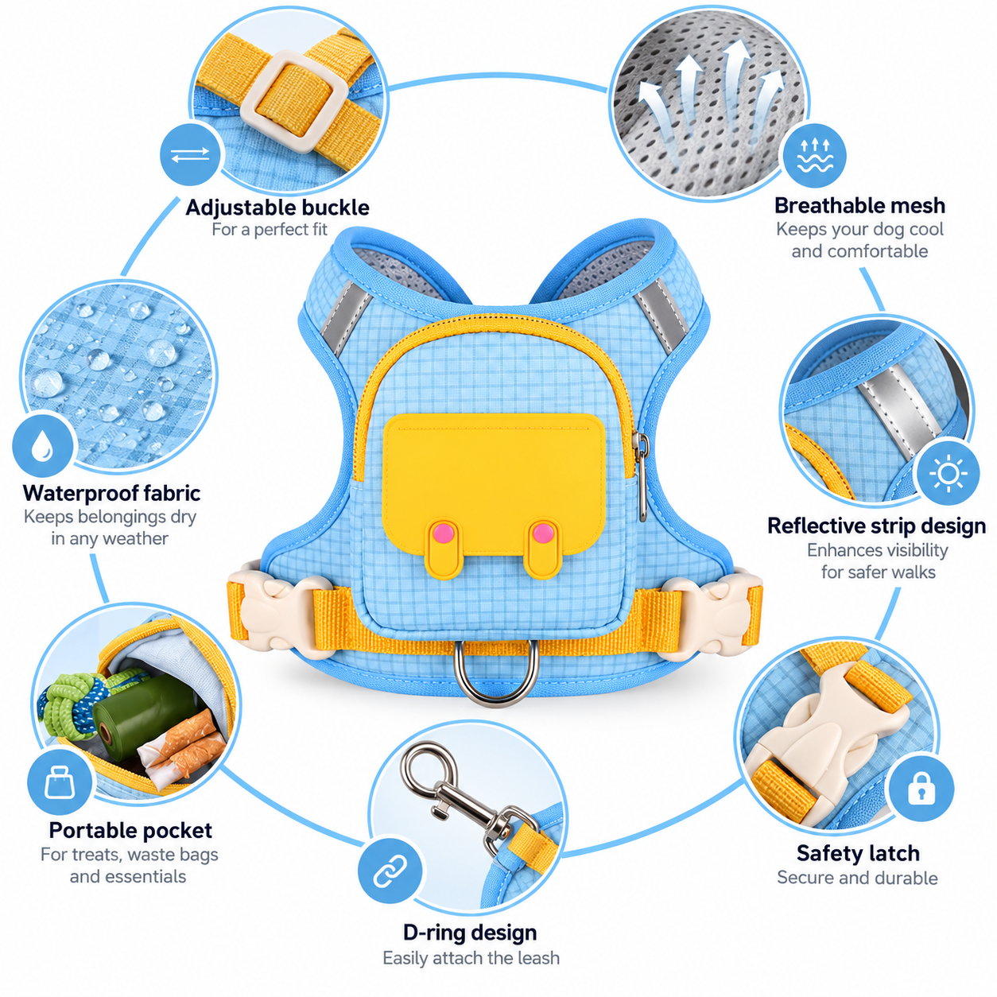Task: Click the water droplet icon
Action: (x=42, y=445)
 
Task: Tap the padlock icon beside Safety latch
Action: (x=921, y=788)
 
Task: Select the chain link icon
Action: (x=390, y=871)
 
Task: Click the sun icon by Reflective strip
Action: (x=948, y=473)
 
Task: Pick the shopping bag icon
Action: (x=60, y=782)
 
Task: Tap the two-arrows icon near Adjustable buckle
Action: (x=190, y=155)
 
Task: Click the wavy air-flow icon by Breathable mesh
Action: (x=815, y=155)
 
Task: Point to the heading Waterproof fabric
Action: (x=112, y=493)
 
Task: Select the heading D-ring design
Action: (x=470, y=933)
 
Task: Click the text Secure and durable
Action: (x=857, y=878)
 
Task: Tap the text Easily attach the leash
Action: (x=471, y=958)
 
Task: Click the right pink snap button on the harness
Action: (x=543, y=533)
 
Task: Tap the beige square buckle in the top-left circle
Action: (x=294, y=102)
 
